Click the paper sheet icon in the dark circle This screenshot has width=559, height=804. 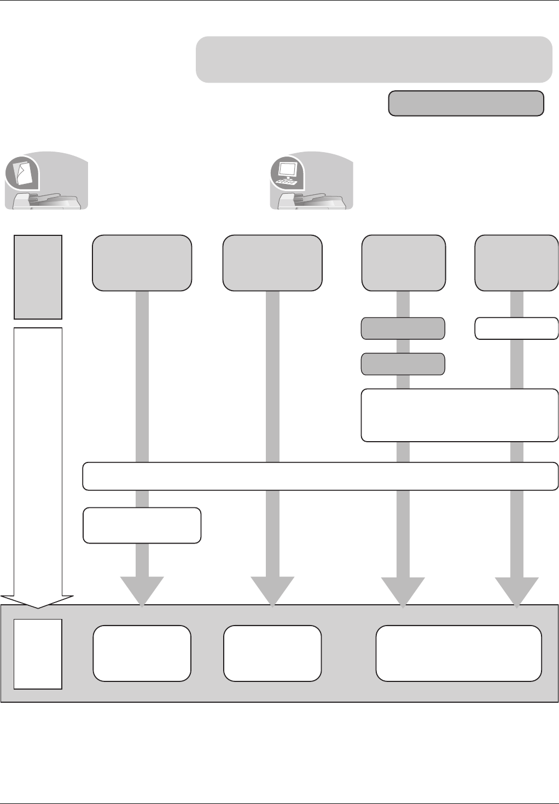22,173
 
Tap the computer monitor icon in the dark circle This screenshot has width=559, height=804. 288,173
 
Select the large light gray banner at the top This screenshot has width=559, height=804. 374,60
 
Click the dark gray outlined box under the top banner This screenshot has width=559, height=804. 466,103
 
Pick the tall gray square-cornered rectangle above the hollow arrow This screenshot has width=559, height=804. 38,277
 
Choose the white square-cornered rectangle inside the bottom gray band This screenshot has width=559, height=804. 38,654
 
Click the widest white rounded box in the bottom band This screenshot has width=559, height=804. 458,653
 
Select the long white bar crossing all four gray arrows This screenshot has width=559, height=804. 320,476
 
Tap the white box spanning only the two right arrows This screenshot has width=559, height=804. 459,415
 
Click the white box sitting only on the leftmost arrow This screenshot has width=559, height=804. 142,525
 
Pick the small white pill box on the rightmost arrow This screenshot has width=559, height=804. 516,328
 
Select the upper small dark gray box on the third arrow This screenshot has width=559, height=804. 403,328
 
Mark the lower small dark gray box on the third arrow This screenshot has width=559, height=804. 403,364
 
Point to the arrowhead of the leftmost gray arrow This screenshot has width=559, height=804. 142,591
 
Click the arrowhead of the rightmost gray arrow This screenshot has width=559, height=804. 517,591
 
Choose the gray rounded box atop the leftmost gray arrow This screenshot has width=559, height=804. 142,263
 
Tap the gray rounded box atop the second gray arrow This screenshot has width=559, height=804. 272,263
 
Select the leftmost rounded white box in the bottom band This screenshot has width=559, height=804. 142,653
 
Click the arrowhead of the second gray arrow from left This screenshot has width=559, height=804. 272,591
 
